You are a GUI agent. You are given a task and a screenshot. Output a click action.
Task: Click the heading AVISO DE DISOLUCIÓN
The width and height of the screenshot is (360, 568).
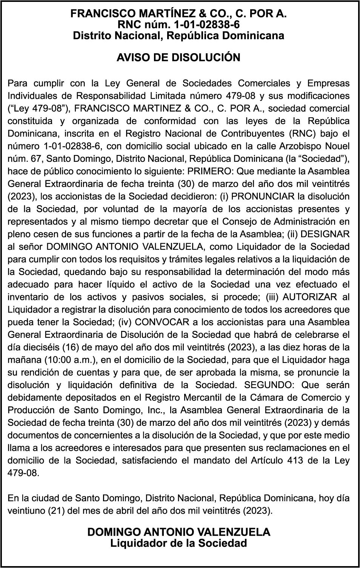[178, 58]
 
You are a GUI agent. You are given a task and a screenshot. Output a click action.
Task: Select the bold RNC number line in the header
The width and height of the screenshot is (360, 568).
[178, 25]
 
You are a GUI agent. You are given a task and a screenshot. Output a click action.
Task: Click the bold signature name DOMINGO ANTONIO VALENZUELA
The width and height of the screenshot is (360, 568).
[179, 532]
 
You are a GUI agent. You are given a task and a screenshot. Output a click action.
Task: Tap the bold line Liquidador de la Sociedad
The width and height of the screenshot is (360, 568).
[178, 543]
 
